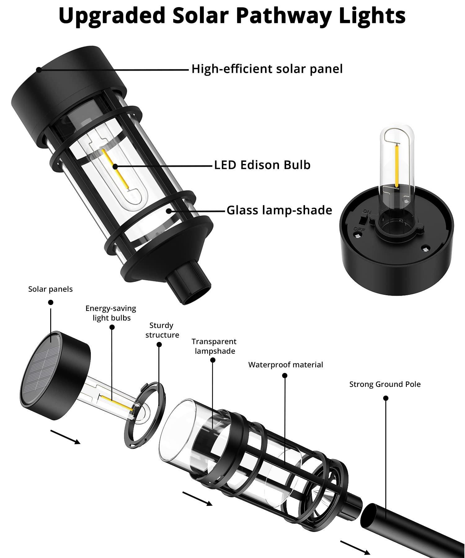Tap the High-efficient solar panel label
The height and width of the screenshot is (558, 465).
coord(267,69)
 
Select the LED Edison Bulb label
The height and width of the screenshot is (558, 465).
coord(262,165)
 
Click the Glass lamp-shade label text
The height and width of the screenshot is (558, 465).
coord(279,210)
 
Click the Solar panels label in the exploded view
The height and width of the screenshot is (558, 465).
coord(50,289)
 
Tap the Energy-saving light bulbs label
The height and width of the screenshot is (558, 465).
coord(111,313)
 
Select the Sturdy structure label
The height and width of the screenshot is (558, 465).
coord(162,330)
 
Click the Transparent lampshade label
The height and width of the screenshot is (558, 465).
coord(214,346)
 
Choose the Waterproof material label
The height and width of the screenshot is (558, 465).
coord(286,365)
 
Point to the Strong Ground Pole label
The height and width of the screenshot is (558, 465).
coord(385,384)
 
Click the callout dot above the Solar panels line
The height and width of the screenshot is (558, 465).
coord(51,302)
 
